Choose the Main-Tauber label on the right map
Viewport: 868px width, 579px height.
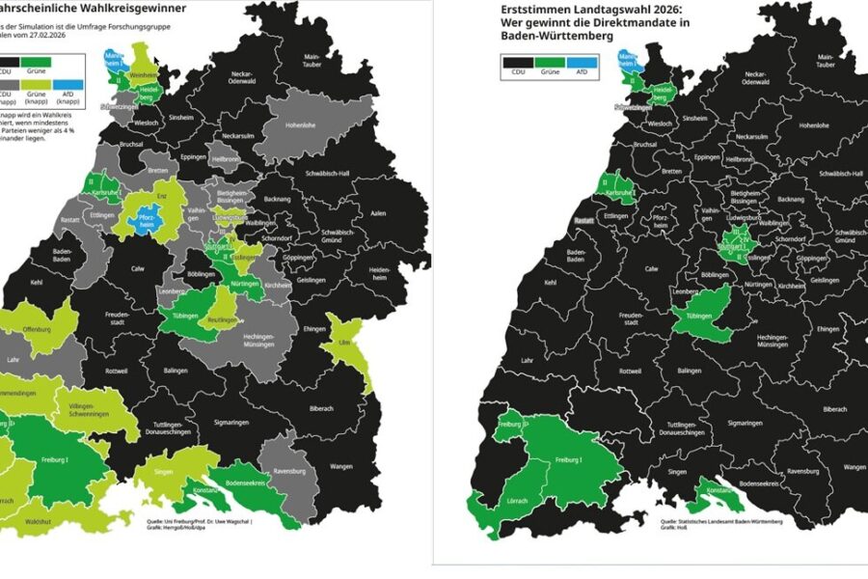coord(827,62)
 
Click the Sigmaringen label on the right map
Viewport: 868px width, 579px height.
coord(745,424)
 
